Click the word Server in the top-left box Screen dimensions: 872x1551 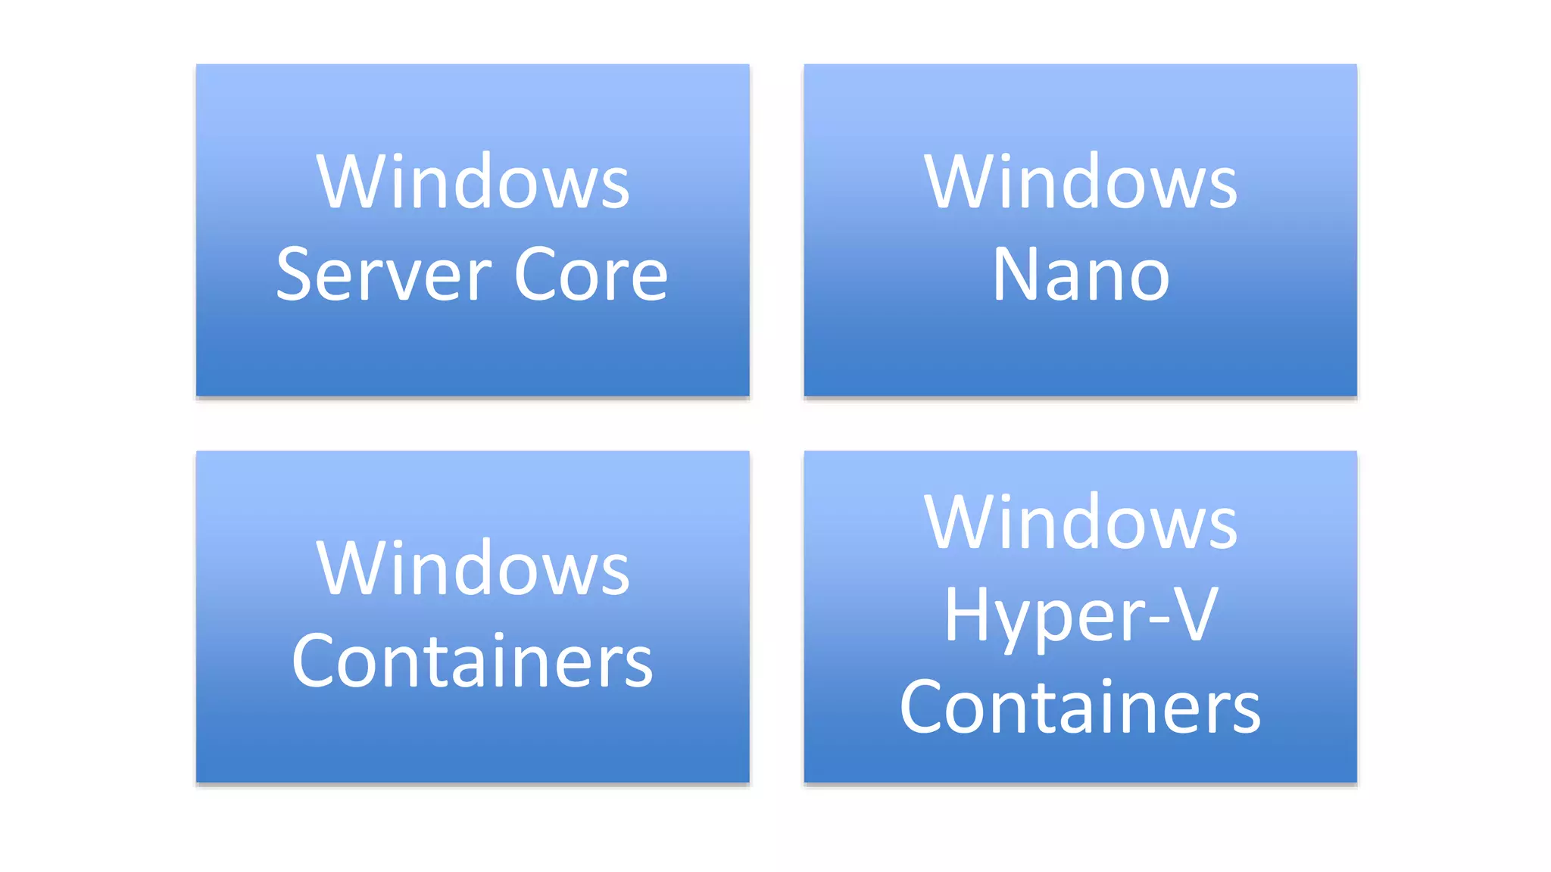pos(384,276)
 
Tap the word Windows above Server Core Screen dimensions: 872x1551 pos(473,182)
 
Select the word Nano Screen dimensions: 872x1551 pos(1081,276)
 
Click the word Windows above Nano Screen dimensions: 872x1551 pos(1081,182)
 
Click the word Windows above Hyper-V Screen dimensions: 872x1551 pos(1081,522)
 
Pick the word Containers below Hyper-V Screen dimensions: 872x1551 pos(1081,708)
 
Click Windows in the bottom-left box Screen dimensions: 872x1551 pos(473,569)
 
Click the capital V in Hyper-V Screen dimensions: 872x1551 pos(1194,615)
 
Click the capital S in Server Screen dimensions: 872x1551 pos(295,276)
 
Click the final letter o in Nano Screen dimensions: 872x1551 pos(1149,279)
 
